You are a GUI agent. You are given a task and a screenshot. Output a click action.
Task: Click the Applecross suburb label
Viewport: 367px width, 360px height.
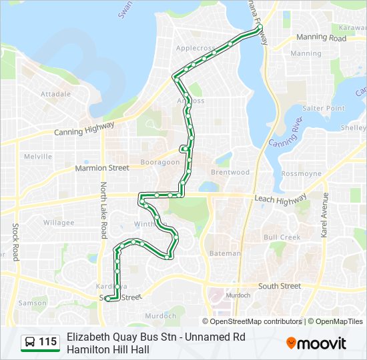click(x=196, y=49)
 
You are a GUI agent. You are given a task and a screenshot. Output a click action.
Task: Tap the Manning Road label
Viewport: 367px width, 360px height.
click(x=321, y=39)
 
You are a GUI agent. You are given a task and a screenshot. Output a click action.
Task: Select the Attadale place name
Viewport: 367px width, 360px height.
click(x=55, y=95)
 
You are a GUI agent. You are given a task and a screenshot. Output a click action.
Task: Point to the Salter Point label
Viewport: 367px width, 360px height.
click(x=323, y=108)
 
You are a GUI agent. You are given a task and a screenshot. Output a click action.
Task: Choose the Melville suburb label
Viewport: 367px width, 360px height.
click(x=38, y=157)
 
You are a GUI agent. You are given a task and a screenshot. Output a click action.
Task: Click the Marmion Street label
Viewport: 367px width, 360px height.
click(x=102, y=169)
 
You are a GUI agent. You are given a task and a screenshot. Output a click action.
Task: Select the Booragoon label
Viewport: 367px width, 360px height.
click(x=161, y=162)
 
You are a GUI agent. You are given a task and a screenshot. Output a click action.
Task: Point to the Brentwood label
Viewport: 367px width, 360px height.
click(x=230, y=172)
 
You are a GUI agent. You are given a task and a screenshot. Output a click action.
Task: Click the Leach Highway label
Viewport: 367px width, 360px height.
click(x=280, y=199)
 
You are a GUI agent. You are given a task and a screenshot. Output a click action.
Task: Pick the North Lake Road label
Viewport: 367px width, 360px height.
click(x=104, y=211)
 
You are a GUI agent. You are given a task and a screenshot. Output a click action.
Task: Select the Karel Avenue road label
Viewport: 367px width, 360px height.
click(x=326, y=215)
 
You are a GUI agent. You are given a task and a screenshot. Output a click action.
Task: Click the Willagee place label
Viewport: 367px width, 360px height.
click(x=59, y=223)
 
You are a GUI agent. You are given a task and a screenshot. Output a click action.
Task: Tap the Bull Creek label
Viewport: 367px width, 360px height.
click(x=282, y=237)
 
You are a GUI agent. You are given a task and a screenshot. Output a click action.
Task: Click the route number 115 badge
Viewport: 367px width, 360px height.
click(x=47, y=342)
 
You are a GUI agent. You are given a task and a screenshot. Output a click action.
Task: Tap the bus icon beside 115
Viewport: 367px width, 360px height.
click(x=30, y=342)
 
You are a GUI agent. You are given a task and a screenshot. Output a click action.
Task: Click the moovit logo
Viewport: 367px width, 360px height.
click(x=316, y=343)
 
